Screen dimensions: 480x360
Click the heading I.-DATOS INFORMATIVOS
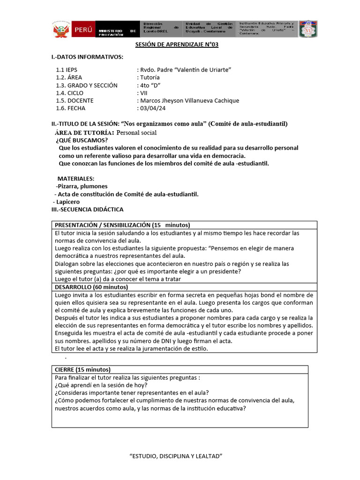pyautogui.click(x=87, y=57)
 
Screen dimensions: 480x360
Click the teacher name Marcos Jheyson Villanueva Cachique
pyautogui.click(x=187, y=101)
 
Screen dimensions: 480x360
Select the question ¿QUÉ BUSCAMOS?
pyautogui.click(x=82, y=140)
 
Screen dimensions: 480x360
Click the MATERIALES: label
pyautogui.click(x=76, y=179)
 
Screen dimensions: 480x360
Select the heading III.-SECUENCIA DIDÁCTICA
pyautogui.click(x=87, y=210)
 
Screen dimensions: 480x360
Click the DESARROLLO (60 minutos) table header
pyautogui.click(x=91, y=287)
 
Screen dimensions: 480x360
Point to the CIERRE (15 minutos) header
pyautogui.click(x=82, y=369)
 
